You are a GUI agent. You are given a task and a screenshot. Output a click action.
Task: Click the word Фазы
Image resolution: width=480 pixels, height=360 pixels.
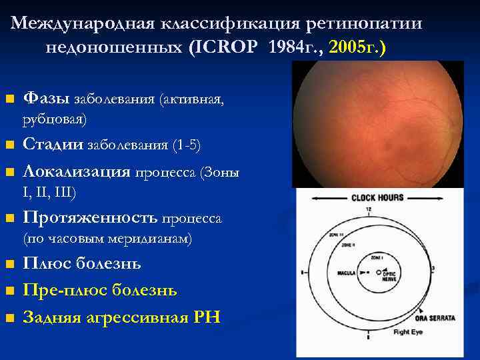click(45, 99)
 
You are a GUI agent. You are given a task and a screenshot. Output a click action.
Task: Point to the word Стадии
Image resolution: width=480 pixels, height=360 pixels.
click(53, 145)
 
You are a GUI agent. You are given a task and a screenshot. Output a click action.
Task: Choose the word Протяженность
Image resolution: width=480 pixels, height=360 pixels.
click(90, 217)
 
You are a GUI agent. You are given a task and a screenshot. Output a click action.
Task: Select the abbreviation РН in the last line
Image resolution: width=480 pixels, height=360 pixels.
click(205, 317)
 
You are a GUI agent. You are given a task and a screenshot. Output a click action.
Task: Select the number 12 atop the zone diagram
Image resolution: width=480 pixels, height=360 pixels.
click(368, 210)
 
